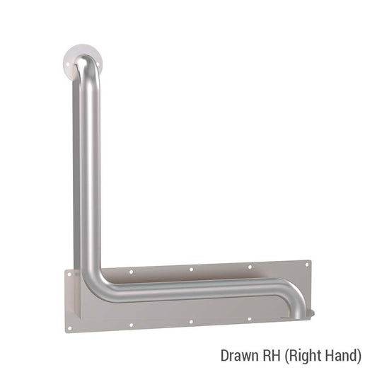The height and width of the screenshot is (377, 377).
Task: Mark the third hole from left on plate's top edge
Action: pos(249,266)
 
